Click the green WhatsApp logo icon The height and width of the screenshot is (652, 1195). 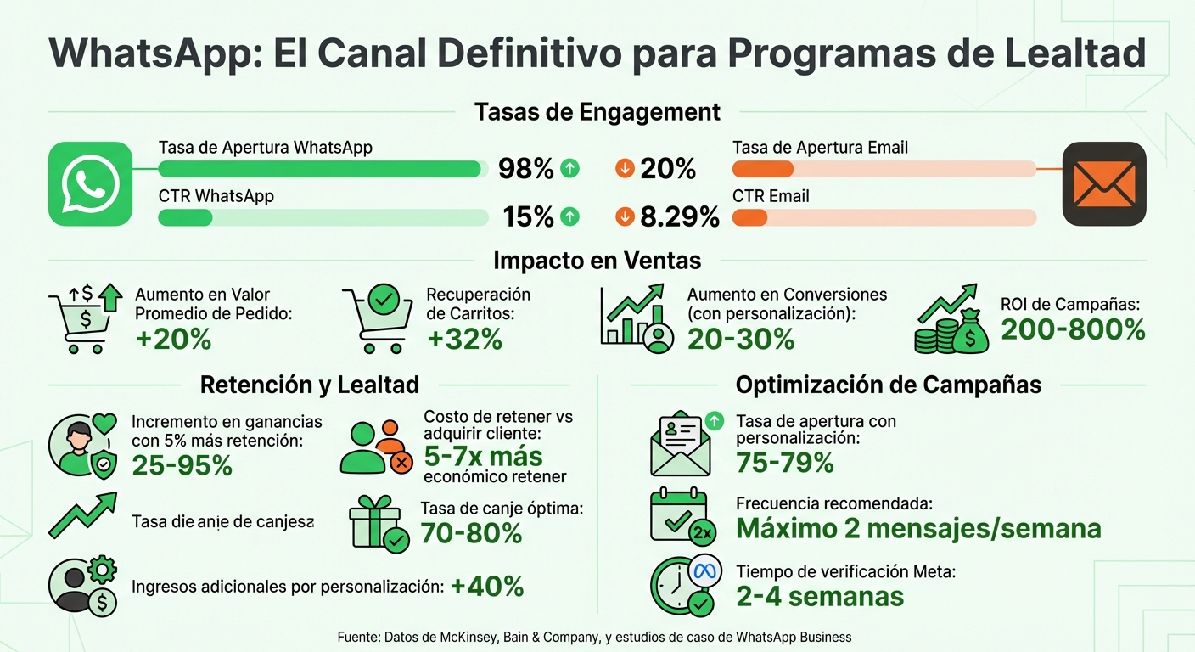90,183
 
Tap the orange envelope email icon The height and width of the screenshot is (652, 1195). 1104,183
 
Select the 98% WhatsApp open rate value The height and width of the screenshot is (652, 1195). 526,169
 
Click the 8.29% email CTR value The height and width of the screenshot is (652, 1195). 680,217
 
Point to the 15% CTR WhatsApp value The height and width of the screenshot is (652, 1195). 527,217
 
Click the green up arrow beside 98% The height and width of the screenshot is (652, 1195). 570,169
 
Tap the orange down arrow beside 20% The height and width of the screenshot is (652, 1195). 624,169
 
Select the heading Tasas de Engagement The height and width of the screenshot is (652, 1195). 597,112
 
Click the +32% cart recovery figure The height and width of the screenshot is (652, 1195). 464,340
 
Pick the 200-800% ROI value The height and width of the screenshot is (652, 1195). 1073,329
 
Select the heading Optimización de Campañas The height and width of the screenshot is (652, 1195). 888,385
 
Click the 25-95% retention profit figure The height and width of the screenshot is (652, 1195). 182,465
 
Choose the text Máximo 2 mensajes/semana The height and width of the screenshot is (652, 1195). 918,529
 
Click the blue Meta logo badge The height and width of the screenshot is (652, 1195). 704,571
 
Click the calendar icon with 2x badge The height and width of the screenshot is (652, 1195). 681,516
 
